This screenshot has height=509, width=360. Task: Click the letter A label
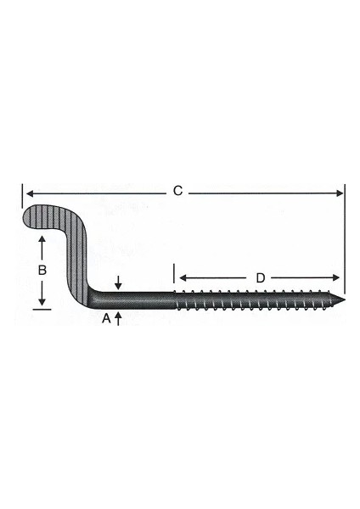click(x=106, y=318)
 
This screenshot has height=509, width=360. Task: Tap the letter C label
click(x=177, y=192)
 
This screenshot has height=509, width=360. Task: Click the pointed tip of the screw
click(x=347, y=298)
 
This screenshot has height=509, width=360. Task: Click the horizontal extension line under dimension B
click(x=40, y=310)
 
